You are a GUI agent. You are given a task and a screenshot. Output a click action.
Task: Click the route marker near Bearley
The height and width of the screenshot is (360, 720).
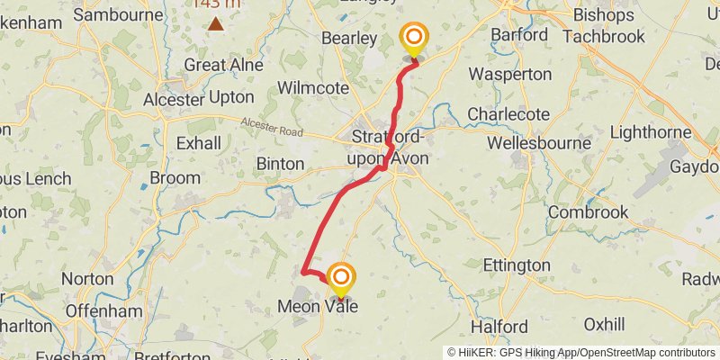coord(414,38)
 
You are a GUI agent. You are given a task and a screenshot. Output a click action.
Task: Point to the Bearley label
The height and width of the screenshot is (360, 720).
coord(350,38)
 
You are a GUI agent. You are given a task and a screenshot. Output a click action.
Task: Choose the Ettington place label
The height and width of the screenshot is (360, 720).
coord(517,265)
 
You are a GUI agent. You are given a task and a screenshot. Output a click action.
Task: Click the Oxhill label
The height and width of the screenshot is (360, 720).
coord(603,323)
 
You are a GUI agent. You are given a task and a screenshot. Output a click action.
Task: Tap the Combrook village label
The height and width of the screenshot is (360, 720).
coord(588,212)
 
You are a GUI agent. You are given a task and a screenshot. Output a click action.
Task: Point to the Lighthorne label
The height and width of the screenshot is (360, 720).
coord(649,131)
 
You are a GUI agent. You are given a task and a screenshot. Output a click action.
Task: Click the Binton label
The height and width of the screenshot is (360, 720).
coord(282,164)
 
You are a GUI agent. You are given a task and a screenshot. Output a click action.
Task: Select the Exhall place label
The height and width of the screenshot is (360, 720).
coord(198,143)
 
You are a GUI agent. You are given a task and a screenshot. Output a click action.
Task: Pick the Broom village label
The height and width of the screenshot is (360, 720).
coord(175,178)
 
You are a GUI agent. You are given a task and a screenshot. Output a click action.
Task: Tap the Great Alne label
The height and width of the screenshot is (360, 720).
coord(223,65)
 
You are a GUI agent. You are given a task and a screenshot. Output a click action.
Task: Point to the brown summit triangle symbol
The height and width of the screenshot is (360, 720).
coord(216,22)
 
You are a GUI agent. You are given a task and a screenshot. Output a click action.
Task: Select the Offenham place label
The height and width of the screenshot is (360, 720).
coord(103,310)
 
